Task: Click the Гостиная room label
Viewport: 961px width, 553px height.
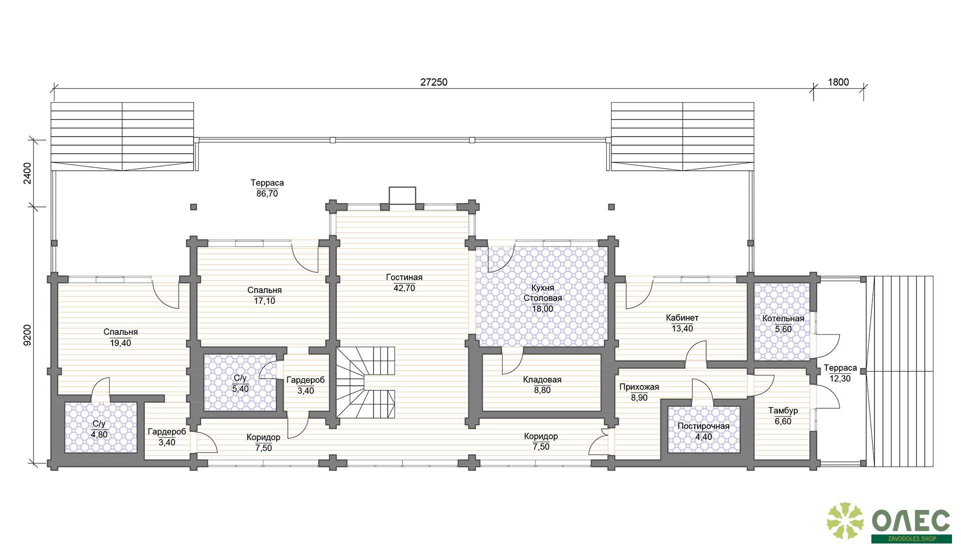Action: tap(404, 277)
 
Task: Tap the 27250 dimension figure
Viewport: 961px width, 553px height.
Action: tap(433, 82)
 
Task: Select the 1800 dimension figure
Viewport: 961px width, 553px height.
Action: tap(838, 82)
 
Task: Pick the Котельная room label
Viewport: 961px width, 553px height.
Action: tap(783, 318)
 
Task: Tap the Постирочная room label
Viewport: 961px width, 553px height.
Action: tap(703, 426)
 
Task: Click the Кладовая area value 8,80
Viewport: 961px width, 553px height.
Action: tap(542, 390)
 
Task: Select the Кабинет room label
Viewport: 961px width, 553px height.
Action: tap(682, 317)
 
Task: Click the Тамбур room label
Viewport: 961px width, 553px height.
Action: tap(783, 410)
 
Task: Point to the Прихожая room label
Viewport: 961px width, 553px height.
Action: tap(639, 387)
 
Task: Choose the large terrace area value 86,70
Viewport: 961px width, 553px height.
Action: tap(267, 194)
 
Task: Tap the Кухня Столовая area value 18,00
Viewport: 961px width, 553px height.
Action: tap(543, 309)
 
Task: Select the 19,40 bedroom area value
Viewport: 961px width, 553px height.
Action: tap(121, 343)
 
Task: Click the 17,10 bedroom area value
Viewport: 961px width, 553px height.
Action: tap(264, 301)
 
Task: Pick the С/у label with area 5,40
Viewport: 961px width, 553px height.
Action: tap(240, 378)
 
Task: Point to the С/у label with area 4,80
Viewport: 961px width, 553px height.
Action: tap(99, 424)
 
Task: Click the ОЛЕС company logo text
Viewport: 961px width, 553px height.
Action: tap(911, 521)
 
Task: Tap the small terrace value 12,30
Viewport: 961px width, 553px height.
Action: tap(840, 379)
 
